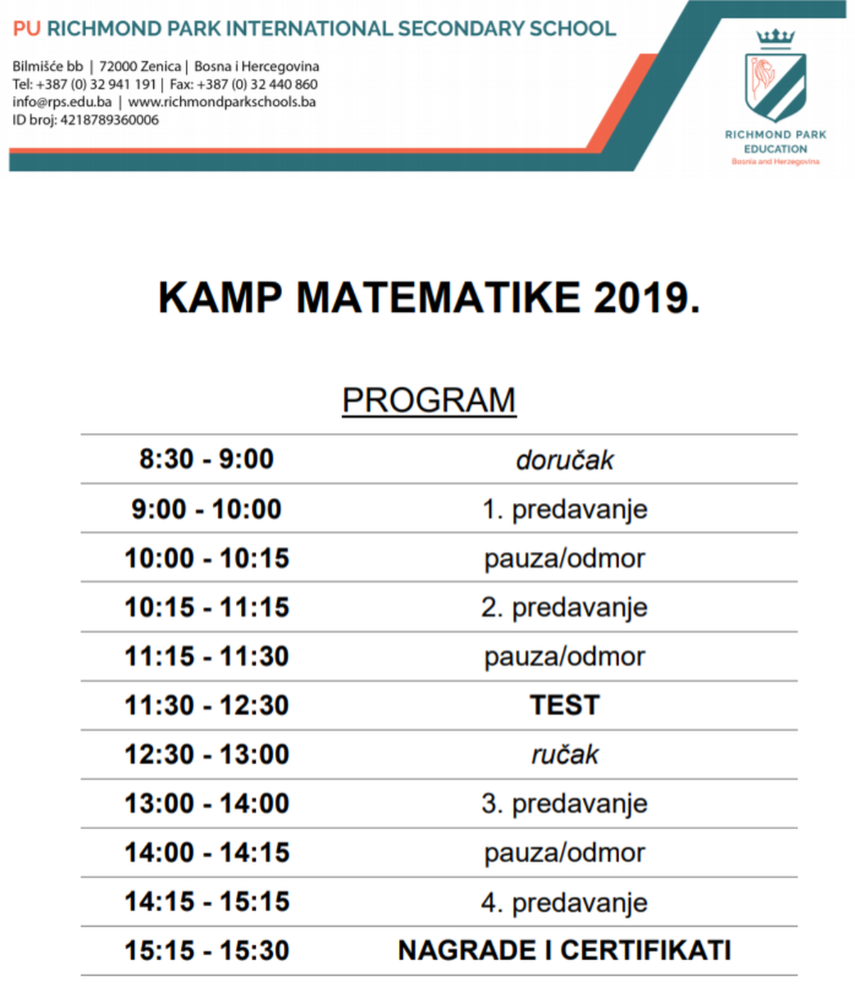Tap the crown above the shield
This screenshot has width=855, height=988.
[x=775, y=38]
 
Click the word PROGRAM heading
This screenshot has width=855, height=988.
[x=429, y=400]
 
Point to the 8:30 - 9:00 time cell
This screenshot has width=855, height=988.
[x=207, y=459]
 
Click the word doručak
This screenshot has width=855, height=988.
[x=564, y=460]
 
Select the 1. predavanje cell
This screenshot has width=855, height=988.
[x=564, y=509]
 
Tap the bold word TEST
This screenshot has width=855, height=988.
[x=564, y=705]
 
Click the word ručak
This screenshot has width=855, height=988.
[x=564, y=755]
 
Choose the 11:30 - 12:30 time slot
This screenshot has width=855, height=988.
[x=207, y=705]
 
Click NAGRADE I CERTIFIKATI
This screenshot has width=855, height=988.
[x=564, y=951]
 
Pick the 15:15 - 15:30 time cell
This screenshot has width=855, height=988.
[x=207, y=951]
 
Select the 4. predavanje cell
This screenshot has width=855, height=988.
[x=564, y=903]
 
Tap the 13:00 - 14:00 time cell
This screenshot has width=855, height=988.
[x=207, y=804]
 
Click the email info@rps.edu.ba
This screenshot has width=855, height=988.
[x=62, y=102]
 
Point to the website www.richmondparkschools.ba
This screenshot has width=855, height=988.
[x=222, y=102]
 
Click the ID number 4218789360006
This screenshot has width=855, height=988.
[x=109, y=120]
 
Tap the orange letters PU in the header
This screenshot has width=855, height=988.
[x=27, y=29]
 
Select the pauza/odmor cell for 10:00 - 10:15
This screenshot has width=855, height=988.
[x=564, y=558]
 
